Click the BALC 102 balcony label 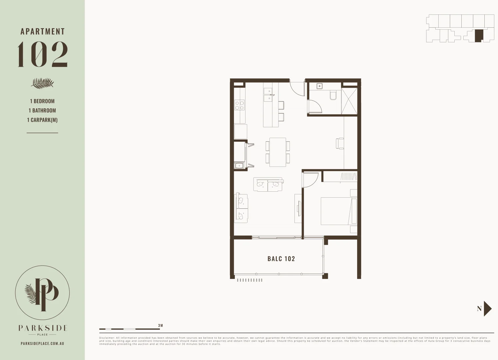[281, 259]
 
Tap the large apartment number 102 [43, 54]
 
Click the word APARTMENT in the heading [43, 32]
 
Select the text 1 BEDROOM [42, 101]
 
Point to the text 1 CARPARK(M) [42, 120]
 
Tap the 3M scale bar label [161, 326]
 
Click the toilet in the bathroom [333, 96]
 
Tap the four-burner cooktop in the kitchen [240, 105]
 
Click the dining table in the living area [277, 152]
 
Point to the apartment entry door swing [297, 88]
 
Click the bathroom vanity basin [320, 86]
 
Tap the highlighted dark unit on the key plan [478, 36]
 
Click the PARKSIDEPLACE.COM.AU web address [42, 343]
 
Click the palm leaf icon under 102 [42, 83]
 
